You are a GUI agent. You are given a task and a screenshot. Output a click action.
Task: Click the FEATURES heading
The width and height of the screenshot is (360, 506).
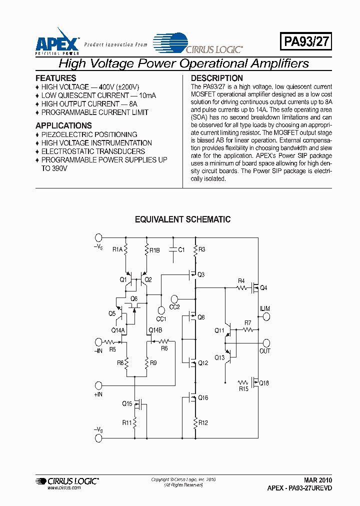pos(56,78)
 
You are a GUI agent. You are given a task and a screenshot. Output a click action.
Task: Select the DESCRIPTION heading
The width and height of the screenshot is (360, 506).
pos(217,78)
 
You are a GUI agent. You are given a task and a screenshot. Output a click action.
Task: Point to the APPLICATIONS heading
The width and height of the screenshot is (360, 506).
pos(63,125)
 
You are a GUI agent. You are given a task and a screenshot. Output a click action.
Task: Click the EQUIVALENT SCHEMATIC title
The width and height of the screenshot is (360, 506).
pos(183,219)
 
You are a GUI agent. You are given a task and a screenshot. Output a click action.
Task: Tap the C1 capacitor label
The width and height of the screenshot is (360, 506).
pos(181,249)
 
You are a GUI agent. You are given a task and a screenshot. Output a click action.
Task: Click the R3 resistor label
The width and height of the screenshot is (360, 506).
pos(202,249)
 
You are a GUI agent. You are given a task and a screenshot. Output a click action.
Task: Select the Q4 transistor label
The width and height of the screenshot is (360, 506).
pos(264,288)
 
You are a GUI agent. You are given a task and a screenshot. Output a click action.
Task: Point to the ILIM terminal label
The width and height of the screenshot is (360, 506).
pos(265,308)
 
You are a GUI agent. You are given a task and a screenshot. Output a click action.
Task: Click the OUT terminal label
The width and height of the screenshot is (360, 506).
pos(265,351)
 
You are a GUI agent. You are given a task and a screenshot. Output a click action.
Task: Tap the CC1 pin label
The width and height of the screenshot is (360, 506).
pos(161,318)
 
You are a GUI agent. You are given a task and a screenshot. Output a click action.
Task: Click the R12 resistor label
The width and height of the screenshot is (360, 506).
pos(202,423)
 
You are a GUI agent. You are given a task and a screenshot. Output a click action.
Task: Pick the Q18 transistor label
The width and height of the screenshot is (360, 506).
pos(264,383)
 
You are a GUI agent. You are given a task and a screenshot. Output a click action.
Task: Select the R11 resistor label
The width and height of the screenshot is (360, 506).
pos(127,422)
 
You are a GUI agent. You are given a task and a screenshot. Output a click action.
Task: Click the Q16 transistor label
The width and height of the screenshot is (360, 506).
pos(202,398)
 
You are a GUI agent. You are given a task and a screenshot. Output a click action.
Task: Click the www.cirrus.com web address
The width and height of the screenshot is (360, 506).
pos(64,487)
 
